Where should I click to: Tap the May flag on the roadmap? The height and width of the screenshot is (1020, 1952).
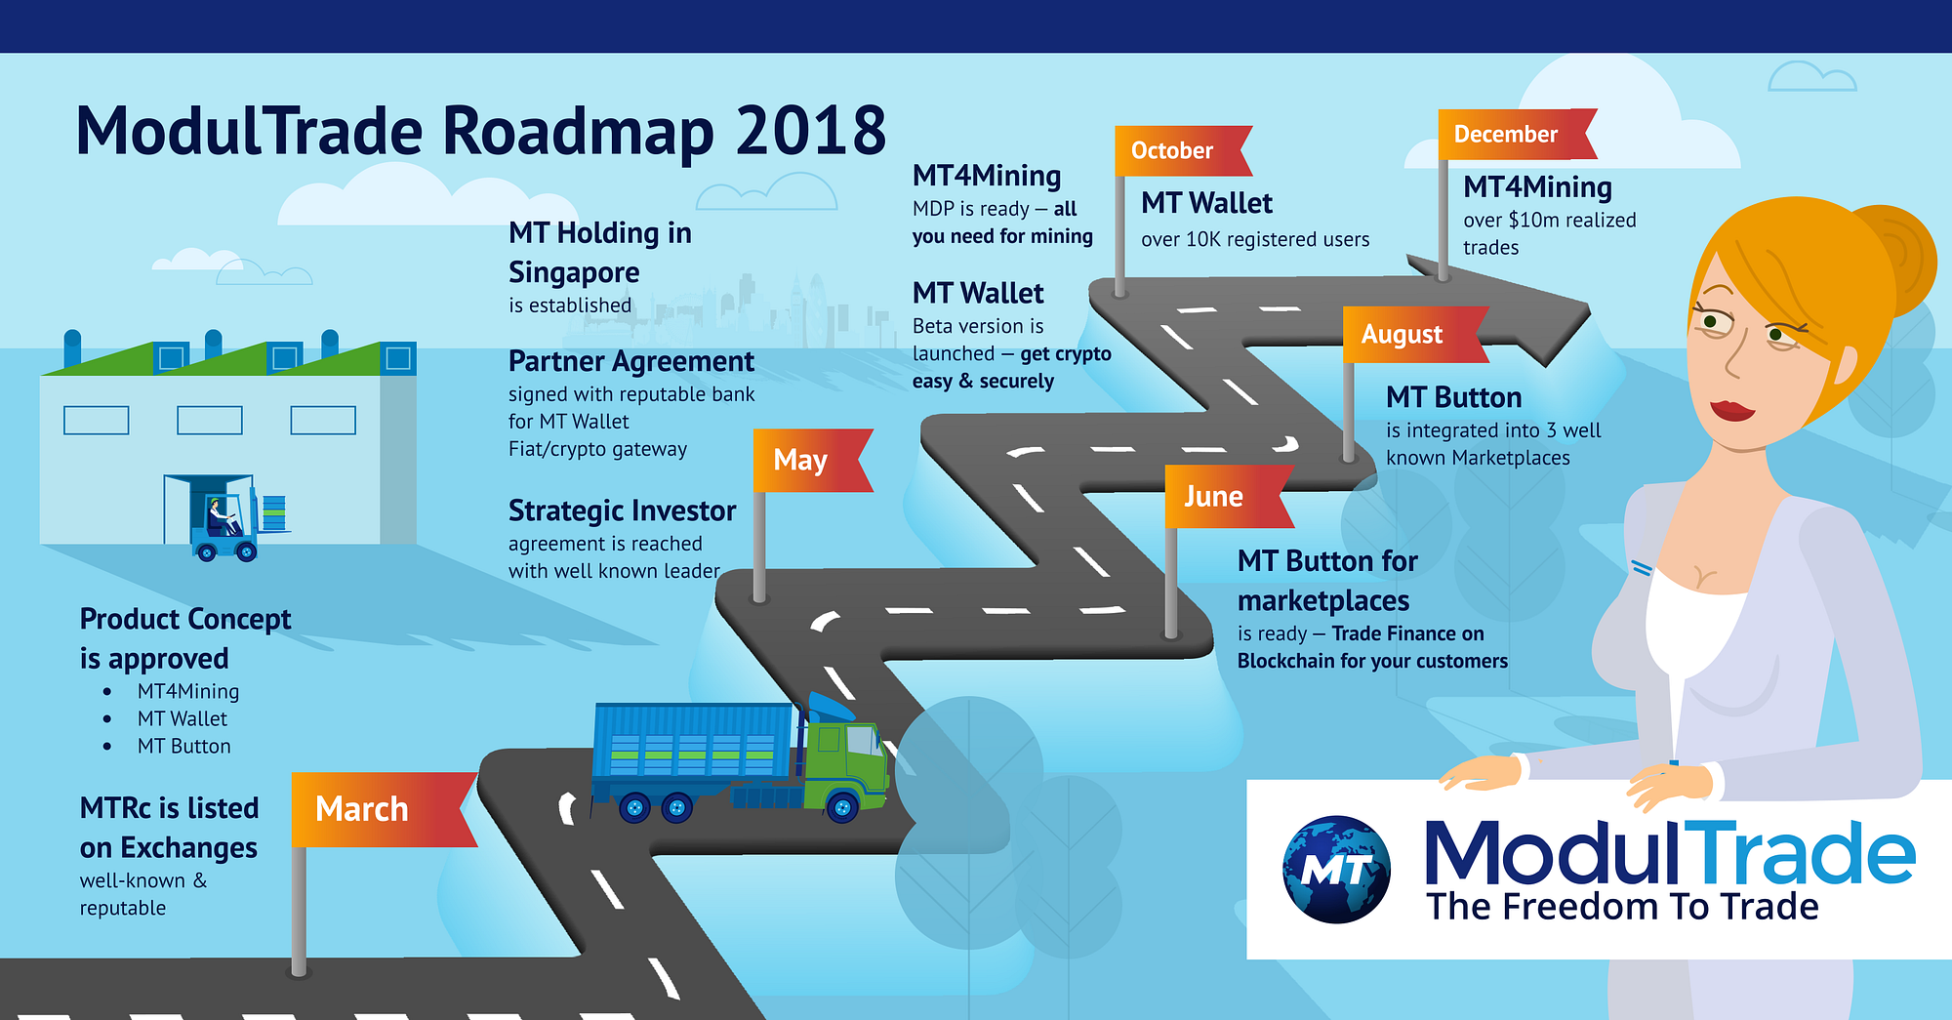coord(812,460)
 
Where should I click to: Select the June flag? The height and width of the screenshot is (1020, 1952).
coord(1229,497)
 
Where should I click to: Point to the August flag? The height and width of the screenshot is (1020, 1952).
coord(1415,335)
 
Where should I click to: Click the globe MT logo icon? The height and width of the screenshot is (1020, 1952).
coord(1336,869)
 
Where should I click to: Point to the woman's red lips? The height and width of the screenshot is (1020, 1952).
coord(1732,409)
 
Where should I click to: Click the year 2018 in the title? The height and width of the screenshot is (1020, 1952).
coord(811,131)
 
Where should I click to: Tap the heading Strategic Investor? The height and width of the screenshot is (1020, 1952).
coord(622,510)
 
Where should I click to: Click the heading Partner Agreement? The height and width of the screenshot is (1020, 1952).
coord(630,361)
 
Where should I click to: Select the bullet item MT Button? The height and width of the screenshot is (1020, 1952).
coord(184,746)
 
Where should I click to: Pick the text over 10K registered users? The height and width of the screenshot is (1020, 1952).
coord(1255,239)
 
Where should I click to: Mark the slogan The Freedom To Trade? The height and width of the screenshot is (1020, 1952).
coord(1622,907)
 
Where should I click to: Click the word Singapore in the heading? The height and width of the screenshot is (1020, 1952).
coord(574,272)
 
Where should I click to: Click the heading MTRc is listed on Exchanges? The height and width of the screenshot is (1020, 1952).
coord(169,828)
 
